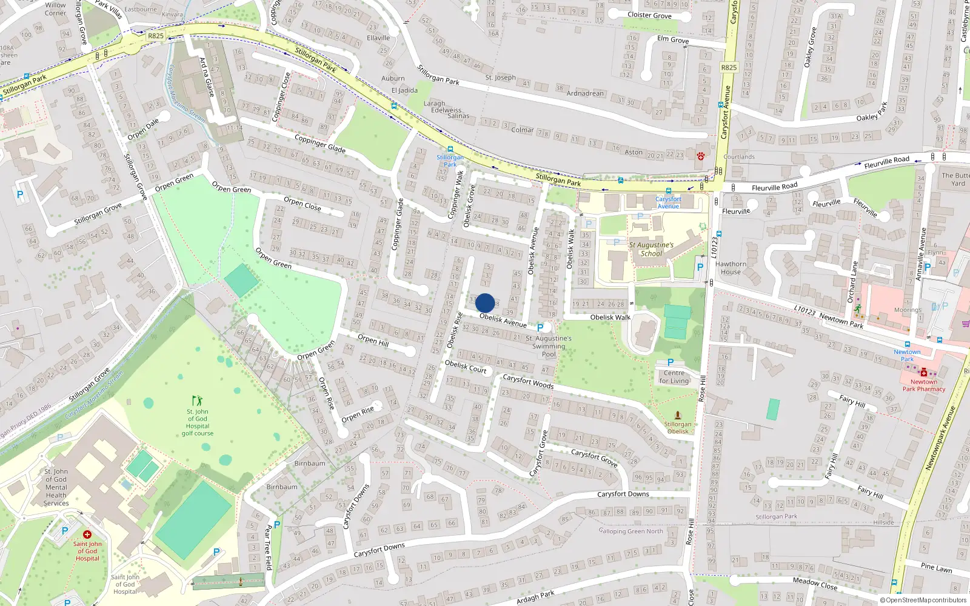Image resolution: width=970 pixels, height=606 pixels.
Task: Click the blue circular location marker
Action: pos(485,303)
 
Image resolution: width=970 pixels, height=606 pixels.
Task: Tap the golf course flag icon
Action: pos(197,401)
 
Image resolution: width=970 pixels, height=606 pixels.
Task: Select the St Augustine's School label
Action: pos(651,249)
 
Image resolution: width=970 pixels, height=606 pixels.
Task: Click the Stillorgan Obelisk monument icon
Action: pos(678,415)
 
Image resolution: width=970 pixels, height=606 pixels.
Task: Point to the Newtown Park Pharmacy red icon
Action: pos(924,373)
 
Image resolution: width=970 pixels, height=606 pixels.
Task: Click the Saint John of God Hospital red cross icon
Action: pos(87,534)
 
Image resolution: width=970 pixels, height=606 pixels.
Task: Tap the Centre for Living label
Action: pos(674,377)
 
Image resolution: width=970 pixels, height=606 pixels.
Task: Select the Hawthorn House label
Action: pos(731,268)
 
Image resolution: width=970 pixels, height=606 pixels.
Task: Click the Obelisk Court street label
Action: pos(466,366)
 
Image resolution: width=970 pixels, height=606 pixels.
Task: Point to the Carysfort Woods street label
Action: pos(528,381)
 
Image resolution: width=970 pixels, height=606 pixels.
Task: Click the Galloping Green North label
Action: pos(630,531)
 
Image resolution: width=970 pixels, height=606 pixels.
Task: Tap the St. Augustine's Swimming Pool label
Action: pos(549,346)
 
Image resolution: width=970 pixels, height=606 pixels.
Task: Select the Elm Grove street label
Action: pos(673,39)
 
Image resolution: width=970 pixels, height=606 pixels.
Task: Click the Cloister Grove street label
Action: pos(649,15)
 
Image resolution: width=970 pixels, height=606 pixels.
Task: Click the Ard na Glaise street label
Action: pos(207,77)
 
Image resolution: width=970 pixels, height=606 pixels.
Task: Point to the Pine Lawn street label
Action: pos(936,567)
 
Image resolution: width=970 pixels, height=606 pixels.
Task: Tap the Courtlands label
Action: pos(739,156)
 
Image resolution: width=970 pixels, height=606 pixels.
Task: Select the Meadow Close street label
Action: pos(815,583)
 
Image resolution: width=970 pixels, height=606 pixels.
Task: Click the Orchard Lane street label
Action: pos(852,282)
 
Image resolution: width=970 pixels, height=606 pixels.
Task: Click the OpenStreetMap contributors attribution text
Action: pos(923,600)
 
